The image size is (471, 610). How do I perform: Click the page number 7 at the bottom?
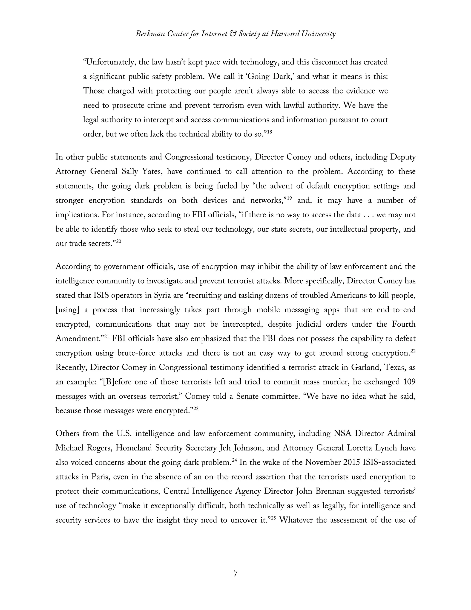click(x=235, y=574)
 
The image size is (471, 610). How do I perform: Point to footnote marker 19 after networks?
click(x=289, y=198)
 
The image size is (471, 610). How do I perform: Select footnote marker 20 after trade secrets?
click(x=119, y=241)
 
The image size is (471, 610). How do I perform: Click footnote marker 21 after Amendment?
click(x=106, y=336)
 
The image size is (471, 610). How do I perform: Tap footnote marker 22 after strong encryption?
click(x=413, y=351)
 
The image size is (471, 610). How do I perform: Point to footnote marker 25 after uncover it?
click(x=273, y=517)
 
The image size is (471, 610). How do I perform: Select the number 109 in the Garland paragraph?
click(x=409, y=382)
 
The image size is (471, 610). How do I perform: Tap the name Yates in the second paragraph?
click(x=152, y=171)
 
